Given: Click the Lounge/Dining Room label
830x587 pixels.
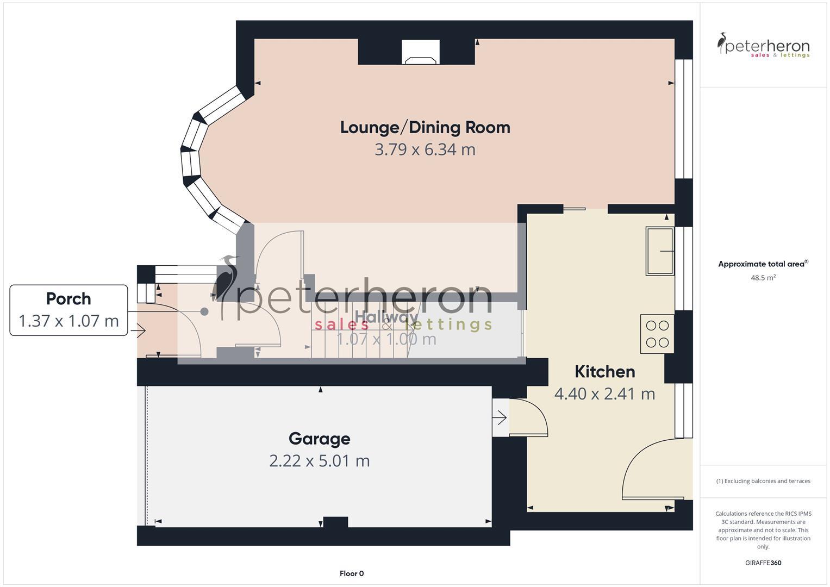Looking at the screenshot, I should [x=425, y=127].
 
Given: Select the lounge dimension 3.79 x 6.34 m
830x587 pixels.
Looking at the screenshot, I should [x=425, y=149].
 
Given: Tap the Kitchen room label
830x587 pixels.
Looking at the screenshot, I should [x=604, y=372].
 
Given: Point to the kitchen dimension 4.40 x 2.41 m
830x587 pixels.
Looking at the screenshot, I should [x=604, y=394].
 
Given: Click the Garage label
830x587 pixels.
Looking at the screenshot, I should [x=319, y=439].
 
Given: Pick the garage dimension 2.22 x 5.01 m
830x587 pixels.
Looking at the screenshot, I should [x=319, y=461].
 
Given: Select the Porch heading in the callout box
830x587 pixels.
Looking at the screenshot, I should [x=68, y=299].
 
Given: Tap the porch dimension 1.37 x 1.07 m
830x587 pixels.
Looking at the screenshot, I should [x=68, y=321].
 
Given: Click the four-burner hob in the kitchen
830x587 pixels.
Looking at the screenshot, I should [x=657, y=334].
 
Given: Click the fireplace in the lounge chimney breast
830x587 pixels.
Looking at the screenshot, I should [x=421, y=53].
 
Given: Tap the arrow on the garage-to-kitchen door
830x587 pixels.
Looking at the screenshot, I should [x=500, y=418].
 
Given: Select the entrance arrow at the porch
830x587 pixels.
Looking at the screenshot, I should [x=138, y=330].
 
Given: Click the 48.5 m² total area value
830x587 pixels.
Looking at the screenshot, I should [x=763, y=278].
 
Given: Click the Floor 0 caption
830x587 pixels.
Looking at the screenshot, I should [x=352, y=573].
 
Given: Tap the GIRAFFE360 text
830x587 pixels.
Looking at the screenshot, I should [x=763, y=563].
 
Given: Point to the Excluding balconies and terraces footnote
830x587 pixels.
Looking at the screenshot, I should [x=763, y=481].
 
